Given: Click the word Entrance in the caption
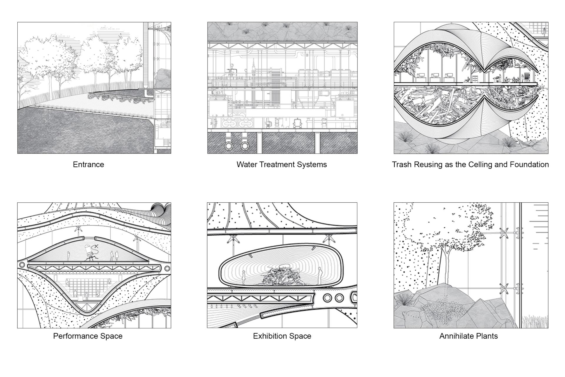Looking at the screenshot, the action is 88,164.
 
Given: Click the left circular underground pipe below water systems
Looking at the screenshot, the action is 229,146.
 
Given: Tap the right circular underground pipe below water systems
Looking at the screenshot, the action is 245,146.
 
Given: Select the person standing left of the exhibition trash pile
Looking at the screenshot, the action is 243,278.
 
